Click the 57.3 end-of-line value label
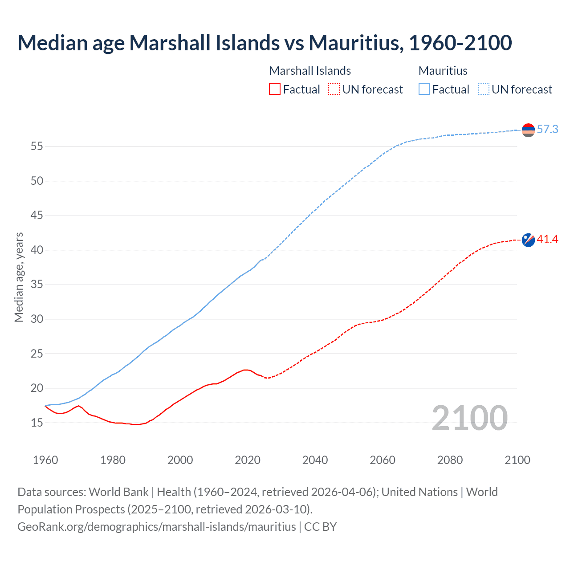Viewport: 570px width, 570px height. tap(547, 129)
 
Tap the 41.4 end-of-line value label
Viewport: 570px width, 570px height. tap(547, 240)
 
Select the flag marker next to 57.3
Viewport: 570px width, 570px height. tap(528, 130)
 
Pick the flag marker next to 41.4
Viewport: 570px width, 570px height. tap(528, 240)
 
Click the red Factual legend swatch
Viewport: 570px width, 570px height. tap(275, 90)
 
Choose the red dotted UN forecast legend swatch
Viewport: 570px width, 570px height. tap(334, 90)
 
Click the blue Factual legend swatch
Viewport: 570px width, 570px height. tap(424, 90)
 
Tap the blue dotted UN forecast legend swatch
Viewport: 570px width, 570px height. tap(484, 90)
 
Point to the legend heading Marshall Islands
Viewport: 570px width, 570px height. tap(310, 71)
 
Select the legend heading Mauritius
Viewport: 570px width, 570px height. tap(443, 71)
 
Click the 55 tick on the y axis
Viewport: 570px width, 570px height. tap(37, 147)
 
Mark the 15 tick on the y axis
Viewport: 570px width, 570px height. tap(37, 423)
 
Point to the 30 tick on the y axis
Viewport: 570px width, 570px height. tap(37, 319)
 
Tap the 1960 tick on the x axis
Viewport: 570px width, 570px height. tap(45, 460)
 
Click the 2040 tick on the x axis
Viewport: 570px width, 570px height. tap(315, 460)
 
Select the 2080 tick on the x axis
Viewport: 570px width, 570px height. tap(450, 460)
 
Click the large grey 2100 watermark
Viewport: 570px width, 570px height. tap(469, 418)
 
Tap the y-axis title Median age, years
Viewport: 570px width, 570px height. tap(19, 277)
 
